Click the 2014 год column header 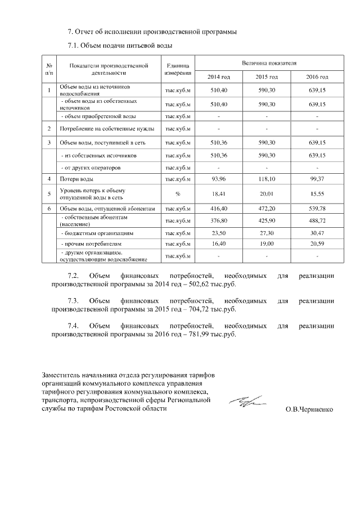point(219,76)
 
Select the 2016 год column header point(317,76)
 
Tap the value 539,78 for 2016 point(317,208)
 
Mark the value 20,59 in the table point(317,245)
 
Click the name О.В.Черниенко point(309,409)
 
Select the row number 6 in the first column point(49,208)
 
